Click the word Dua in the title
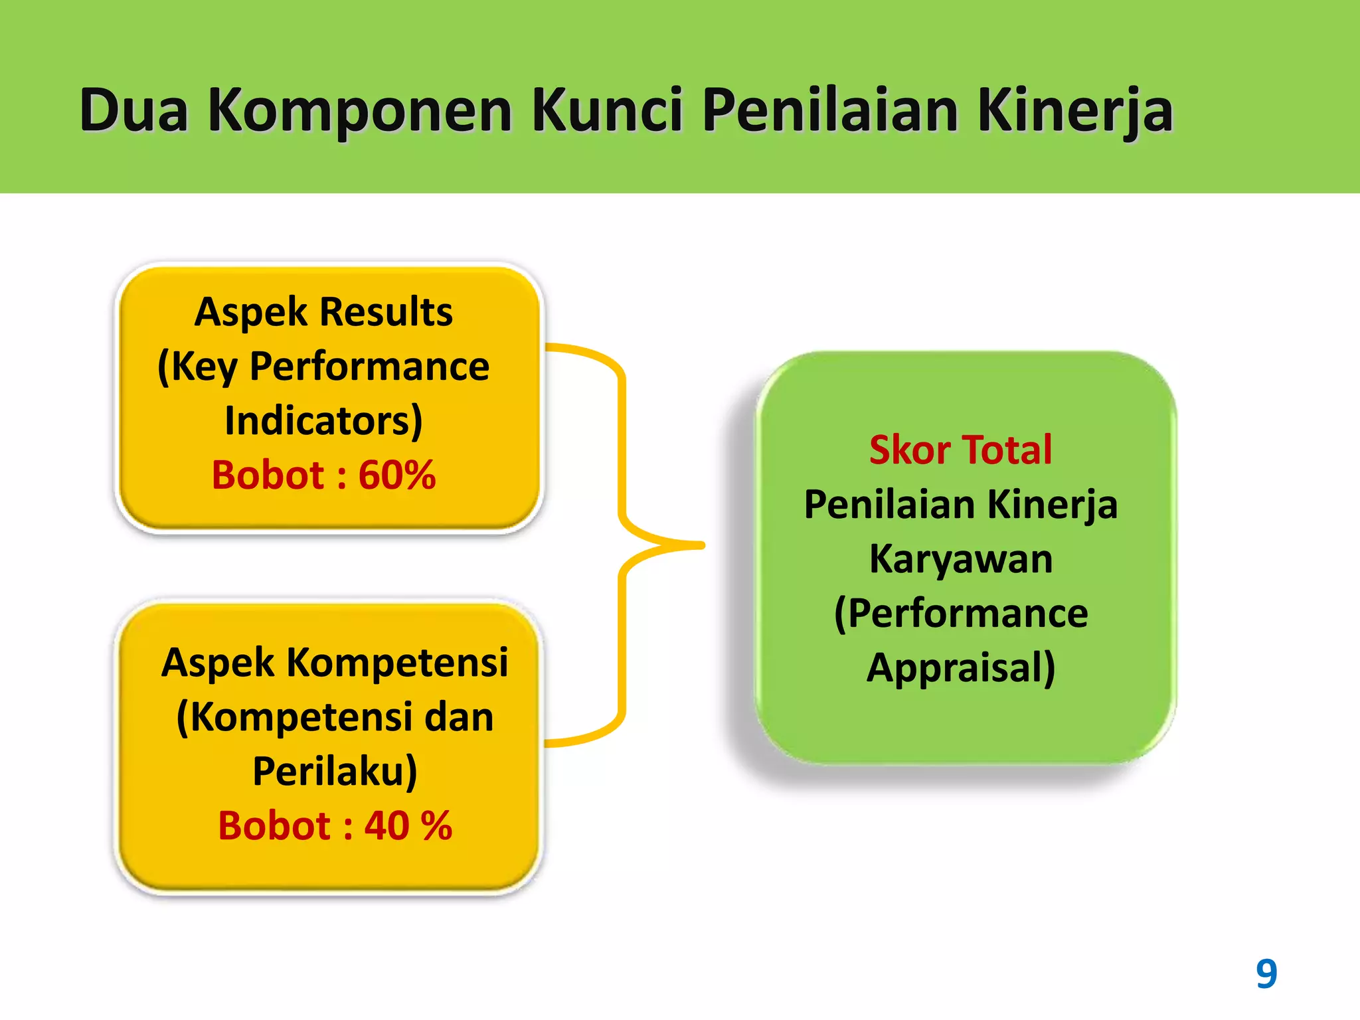click(133, 110)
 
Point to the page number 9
click(1266, 974)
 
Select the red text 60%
click(397, 475)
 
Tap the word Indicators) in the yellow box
click(323, 421)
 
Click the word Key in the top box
click(197, 367)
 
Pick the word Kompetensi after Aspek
click(397, 663)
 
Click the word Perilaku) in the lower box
click(335, 772)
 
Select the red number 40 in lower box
click(386, 826)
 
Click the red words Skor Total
click(960, 450)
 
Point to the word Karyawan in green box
click(960, 559)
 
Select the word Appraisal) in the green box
click(960, 668)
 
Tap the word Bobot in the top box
click(268, 475)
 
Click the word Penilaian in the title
click(830, 110)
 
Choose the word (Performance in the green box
click(960, 614)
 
